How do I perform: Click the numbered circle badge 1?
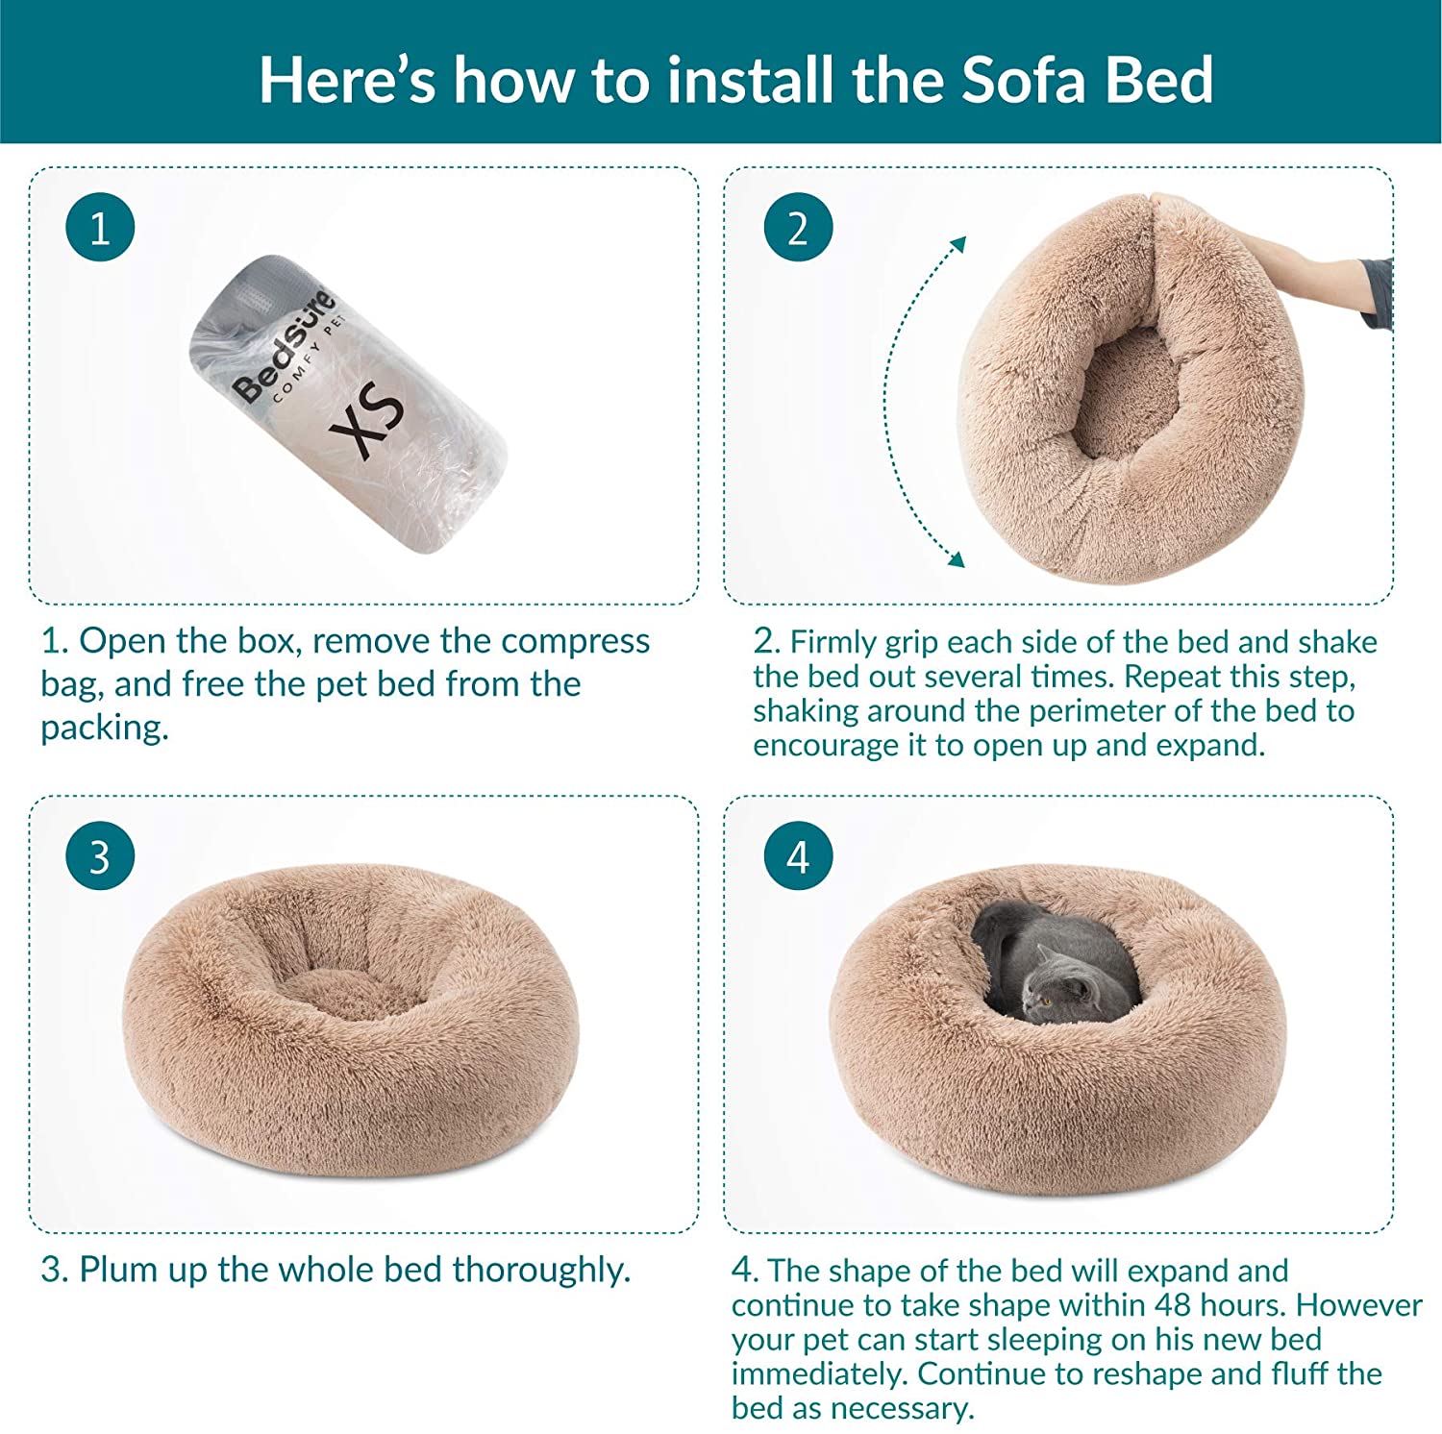(x=100, y=229)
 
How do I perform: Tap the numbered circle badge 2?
(x=798, y=229)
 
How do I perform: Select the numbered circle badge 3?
(x=100, y=856)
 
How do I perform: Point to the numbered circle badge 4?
(x=798, y=856)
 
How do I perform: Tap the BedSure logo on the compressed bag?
(x=284, y=344)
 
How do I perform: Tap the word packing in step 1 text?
(x=104, y=729)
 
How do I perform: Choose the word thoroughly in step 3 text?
(x=541, y=1270)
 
